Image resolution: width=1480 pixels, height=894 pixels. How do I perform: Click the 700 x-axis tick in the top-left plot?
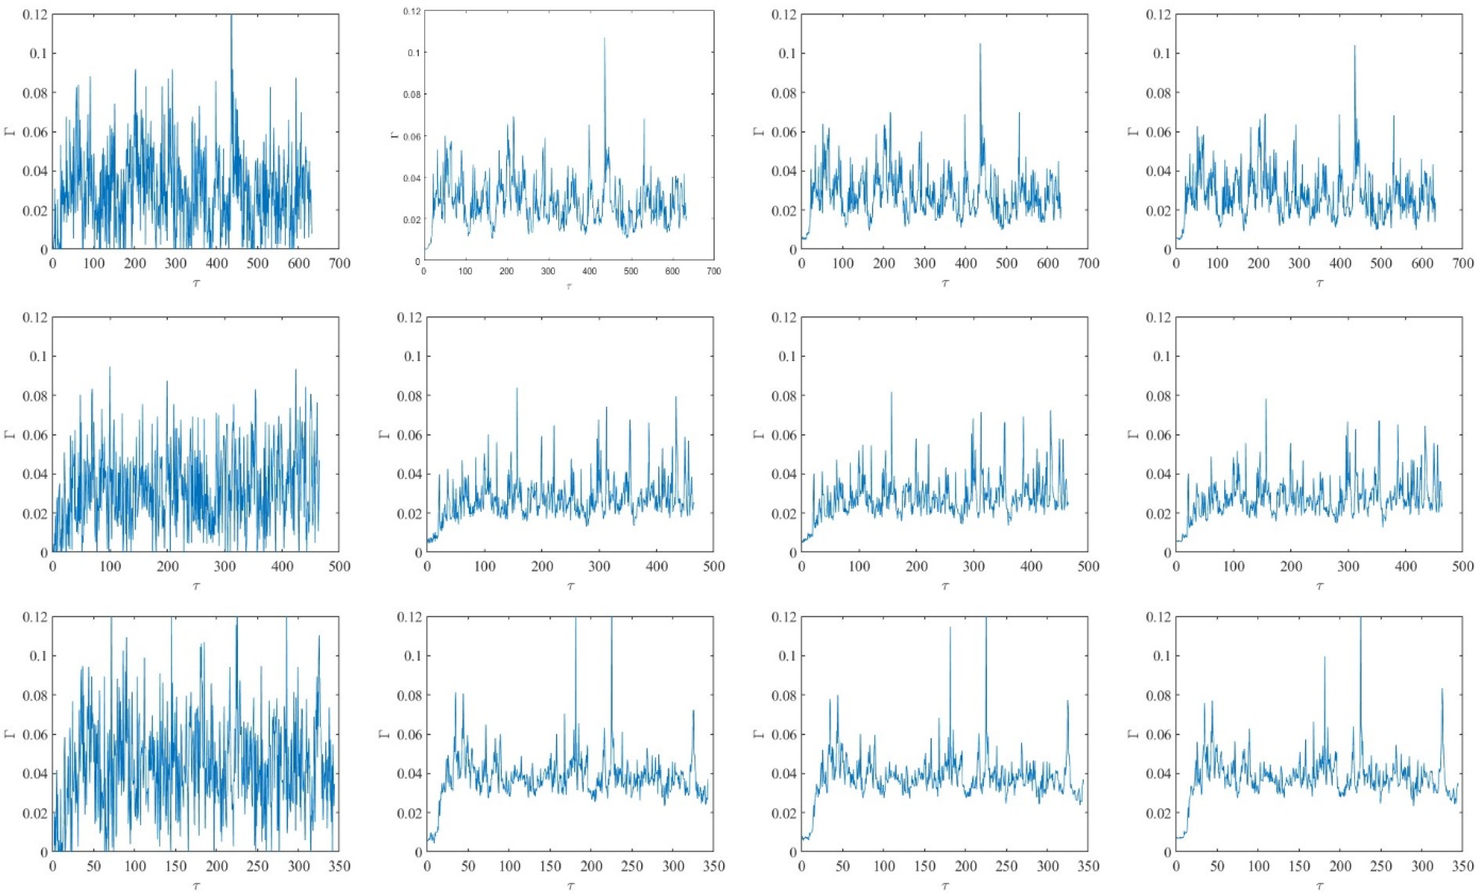pyautogui.click(x=339, y=264)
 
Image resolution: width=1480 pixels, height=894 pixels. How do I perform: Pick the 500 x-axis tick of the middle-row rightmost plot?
pyautogui.click(x=1462, y=566)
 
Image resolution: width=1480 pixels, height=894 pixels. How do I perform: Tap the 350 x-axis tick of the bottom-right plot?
pyautogui.click(x=1462, y=866)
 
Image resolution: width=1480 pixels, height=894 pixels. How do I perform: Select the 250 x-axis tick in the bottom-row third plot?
pyautogui.click(x=1007, y=866)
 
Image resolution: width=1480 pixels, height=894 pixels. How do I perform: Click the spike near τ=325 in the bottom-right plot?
pyautogui.click(x=1441, y=690)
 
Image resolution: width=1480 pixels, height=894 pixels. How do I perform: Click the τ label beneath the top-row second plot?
pyautogui.click(x=569, y=287)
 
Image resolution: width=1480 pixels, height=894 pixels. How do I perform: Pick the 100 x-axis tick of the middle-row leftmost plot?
pyautogui.click(x=110, y=566)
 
